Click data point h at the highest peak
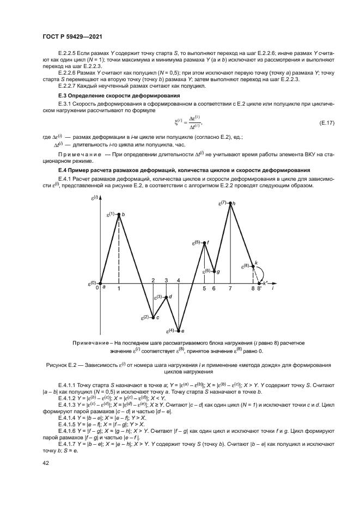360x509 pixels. (230, 203)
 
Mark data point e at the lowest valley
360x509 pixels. (179, 330)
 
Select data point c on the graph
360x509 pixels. (153, 317)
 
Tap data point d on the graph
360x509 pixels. (166, 297)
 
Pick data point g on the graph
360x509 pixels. (213, 271)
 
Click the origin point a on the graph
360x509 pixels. (100, 283)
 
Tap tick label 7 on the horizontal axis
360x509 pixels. (230, 289)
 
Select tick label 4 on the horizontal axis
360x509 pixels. (179, 280)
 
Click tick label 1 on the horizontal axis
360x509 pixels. (119, 289)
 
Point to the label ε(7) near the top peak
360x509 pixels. (222, 203)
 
